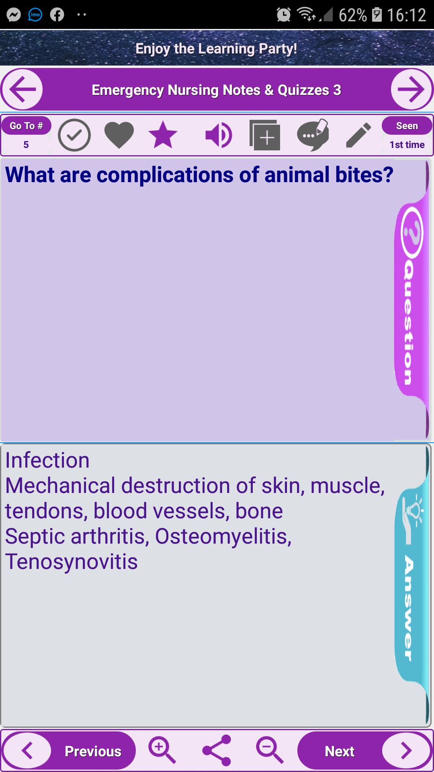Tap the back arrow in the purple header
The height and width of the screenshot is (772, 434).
(x=22, y=89)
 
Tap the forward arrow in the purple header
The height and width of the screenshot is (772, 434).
(x=411, y=89)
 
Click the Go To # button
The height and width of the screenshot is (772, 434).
(x=26, y=126)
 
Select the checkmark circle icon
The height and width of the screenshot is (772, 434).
(x=74, y=135)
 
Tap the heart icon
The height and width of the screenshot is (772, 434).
(x=119, y=136)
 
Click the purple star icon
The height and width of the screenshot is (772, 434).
(x=163, y=135)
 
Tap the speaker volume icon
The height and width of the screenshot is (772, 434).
(x=218, y=135)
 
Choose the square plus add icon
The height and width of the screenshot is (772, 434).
(x=264, y=135)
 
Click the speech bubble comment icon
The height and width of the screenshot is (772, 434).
(x=313, y=135)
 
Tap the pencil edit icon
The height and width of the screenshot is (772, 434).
(x=358, y=135)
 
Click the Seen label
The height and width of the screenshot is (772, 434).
(x=407, y=126)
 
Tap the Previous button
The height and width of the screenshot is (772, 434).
(x=69, y=751)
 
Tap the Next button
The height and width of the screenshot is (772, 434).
(x=364, y=751)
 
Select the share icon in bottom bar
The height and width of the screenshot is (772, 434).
(x=217, y=750)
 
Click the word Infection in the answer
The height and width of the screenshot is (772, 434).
(x=47, y=460)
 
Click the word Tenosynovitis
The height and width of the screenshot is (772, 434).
(x=72, y=562)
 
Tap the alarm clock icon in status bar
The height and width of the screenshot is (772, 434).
(x=284, y=15)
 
